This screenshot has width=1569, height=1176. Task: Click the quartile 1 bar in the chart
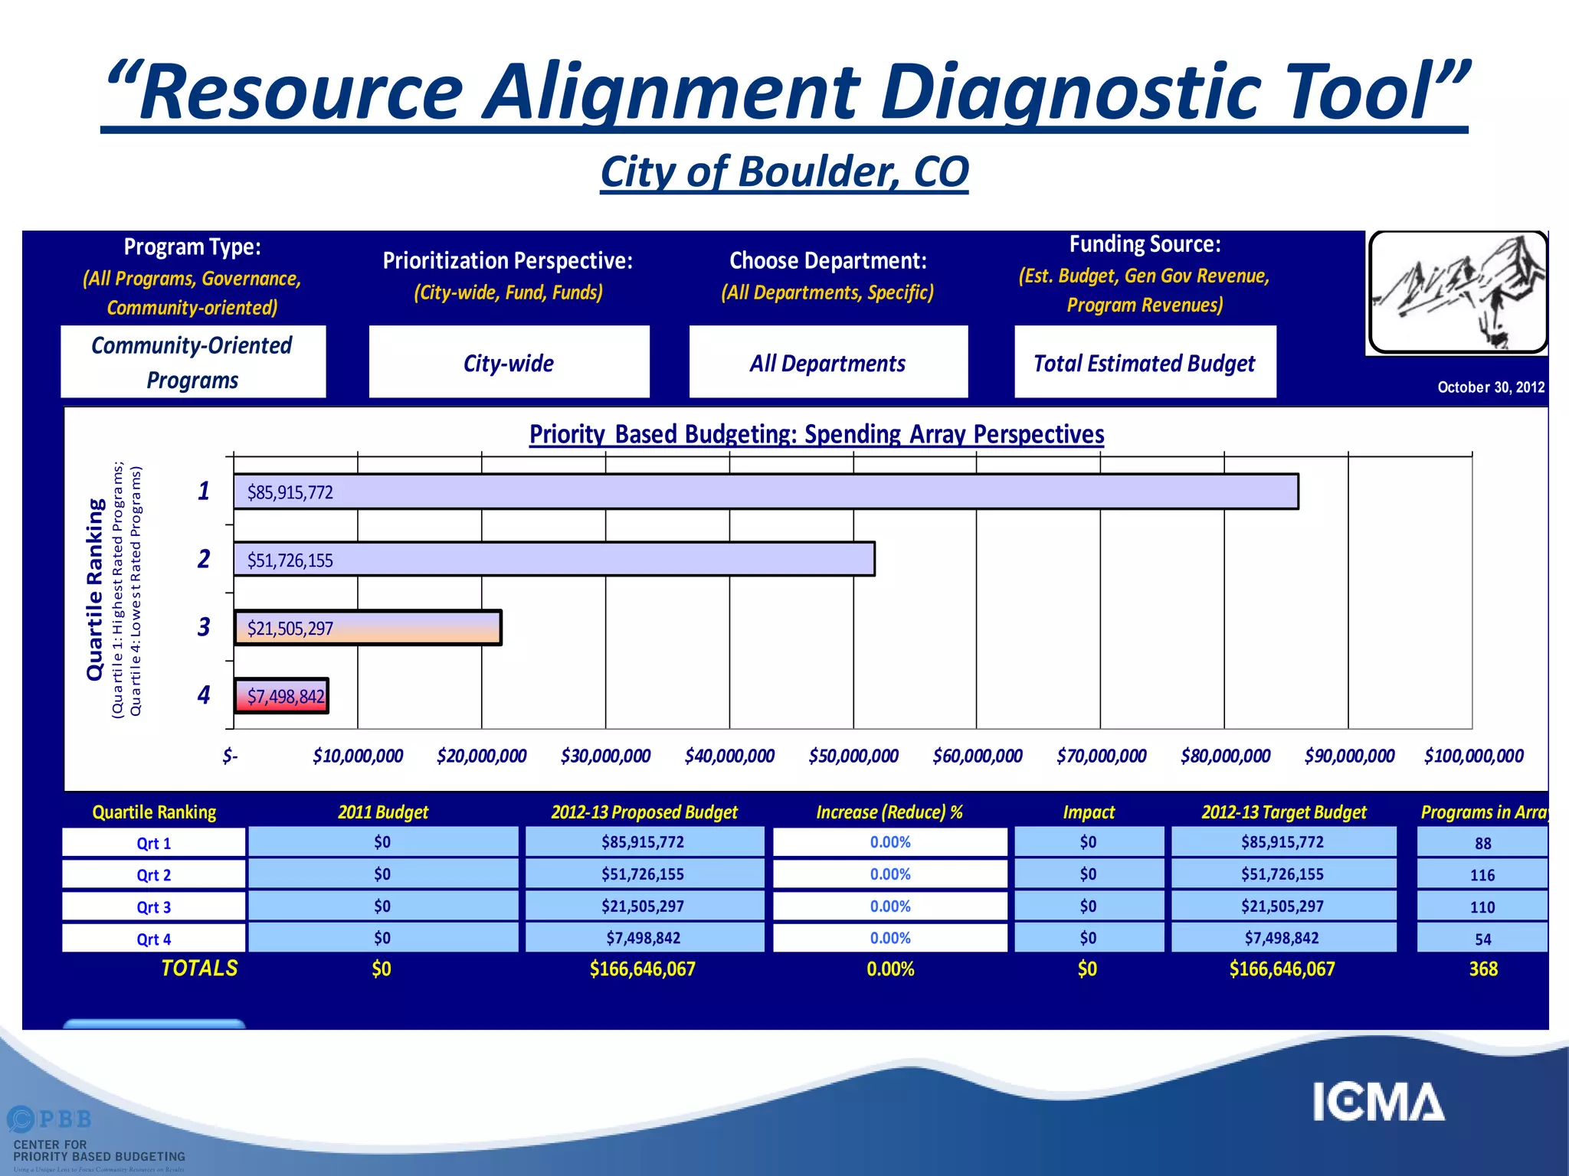click(x=766, y=492)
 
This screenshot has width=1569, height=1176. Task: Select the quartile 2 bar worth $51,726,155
click(x=554, y=559)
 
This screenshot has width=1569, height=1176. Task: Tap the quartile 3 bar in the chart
click(x=368, y=628)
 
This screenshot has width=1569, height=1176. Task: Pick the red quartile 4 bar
click(x=281, y=696)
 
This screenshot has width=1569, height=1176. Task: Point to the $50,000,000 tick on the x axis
click(x=853, y=756)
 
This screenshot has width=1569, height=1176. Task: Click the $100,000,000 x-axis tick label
click(x=1473, y=756)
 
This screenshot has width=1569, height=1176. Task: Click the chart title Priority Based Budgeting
click(x=817, y=434)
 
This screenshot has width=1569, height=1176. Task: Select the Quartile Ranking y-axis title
click(x=95, y=590)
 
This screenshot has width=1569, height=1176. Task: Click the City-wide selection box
click(x=509, y=362)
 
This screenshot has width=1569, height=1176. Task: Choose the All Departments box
click(x=828, y=362)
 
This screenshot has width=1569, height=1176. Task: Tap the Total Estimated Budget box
click(x=1145, y=362)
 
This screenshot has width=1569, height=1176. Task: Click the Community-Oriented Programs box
click(x=192, y=362)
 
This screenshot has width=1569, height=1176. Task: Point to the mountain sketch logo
click(x=1457, y=292)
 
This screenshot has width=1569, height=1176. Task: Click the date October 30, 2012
click(x=1490, y=387)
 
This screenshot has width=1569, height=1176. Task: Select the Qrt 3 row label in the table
click(x=153, y=907)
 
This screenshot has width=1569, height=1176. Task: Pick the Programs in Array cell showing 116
click(x=1482, y=875)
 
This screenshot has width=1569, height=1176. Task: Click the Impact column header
click(x=1088, y=812)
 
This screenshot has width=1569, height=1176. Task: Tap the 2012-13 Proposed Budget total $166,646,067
click(x=643, y=969)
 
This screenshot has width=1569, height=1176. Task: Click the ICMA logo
click(x=1378, y=1102)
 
